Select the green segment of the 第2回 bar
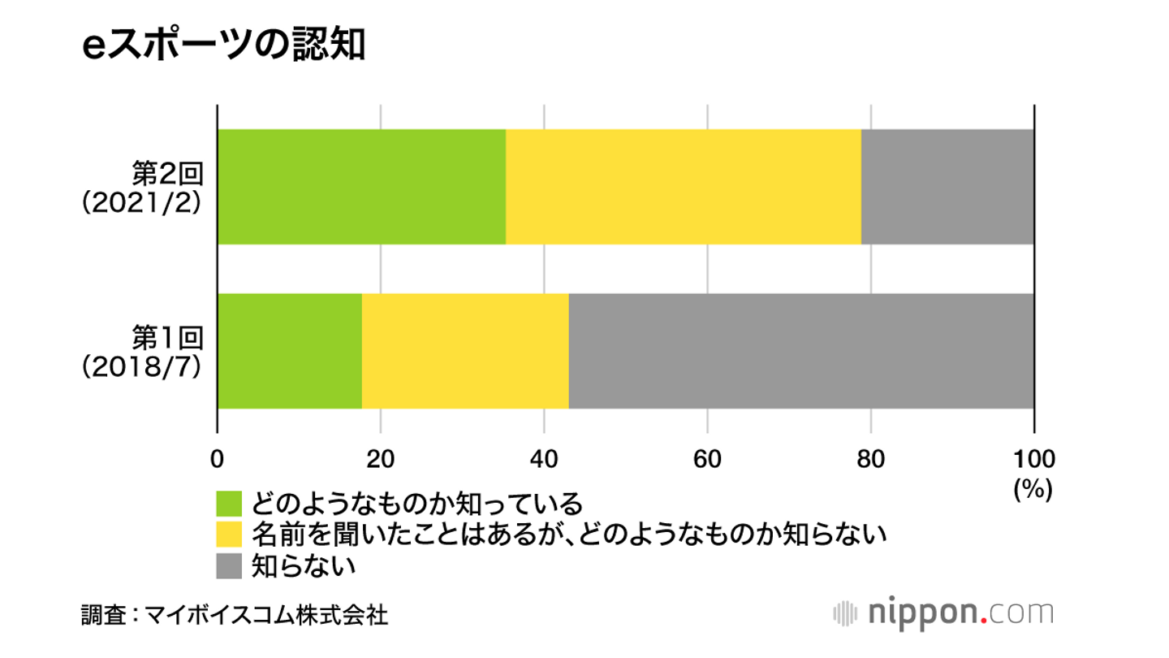361,187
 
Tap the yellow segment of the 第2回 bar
683,187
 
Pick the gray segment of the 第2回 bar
947,187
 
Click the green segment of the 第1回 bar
289,351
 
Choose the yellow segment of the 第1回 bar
465,351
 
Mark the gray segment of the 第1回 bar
800,351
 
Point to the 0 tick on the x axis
217,459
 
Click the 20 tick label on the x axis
381,459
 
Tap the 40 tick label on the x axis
544,459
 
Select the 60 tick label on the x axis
707,459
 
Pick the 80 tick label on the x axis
870,459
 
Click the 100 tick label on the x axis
1033,459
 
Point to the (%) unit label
1033,490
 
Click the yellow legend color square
229,535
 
